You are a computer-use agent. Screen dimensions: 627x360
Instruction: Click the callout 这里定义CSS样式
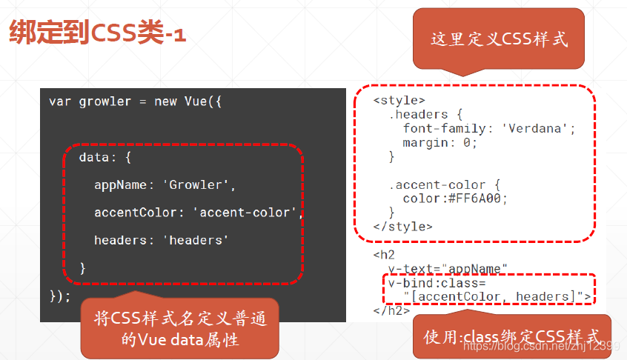(499, 39)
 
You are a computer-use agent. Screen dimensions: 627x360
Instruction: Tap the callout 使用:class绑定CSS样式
(512, 338)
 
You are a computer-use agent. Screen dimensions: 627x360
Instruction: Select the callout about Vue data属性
(180, 328)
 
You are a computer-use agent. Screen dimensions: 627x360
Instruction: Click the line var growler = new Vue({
(136, 101)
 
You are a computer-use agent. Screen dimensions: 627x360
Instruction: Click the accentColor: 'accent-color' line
(199, 213)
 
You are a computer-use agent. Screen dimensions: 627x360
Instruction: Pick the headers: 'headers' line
(161, 240)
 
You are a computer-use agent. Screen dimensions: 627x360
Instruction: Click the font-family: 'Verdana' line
(489, 128)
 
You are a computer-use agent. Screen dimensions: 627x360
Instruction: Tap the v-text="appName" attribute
(448, 268)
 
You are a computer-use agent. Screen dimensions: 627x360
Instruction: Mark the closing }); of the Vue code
(60, 296)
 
